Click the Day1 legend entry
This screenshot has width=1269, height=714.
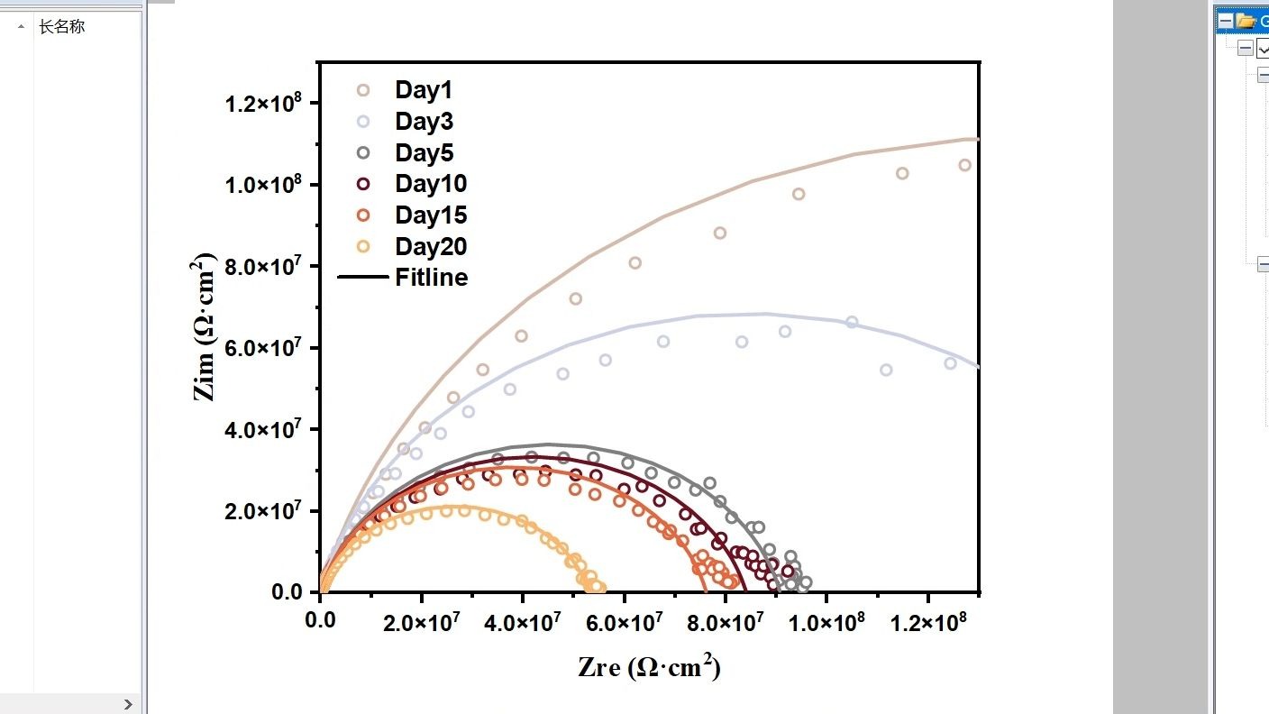coord(423,90)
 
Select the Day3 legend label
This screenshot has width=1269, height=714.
coord(423,122)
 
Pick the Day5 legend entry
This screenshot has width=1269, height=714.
coord(423,153)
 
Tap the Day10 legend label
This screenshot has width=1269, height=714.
coord(430,184)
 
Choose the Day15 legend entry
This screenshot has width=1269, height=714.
coord(430,215)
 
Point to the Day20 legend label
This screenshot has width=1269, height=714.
coord(430,247)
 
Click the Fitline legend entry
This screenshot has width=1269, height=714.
coord(431,278)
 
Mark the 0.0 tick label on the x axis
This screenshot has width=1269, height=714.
coord(319,623)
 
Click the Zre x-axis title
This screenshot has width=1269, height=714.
coord(649,667)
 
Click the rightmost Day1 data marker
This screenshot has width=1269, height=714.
coord(964,165)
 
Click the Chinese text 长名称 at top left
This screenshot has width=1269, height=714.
coord(61,27)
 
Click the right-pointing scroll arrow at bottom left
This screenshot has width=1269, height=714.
coord(128,704)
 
